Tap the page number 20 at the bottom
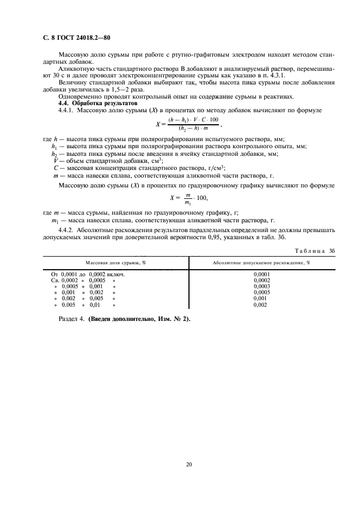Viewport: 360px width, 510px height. coord(189,464)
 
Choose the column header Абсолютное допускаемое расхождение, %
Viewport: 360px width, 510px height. coord(261,263)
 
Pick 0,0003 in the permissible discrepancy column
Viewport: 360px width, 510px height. coord(261,286)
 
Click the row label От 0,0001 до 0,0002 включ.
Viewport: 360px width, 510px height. coord(88,275)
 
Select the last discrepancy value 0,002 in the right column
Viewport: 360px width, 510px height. coord(261,304)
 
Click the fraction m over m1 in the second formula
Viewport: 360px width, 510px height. coord(188,198)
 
